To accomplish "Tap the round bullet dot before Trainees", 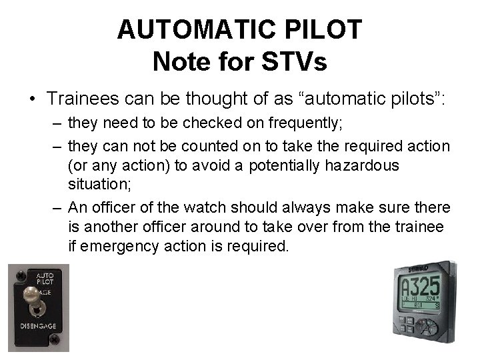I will (31, 99).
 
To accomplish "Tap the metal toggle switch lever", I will (31, 295).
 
